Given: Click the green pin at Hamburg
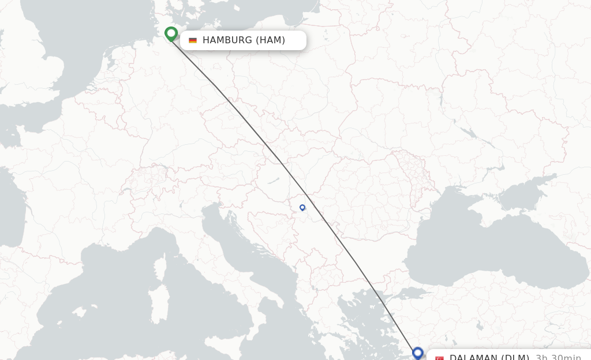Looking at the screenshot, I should click(x=171, y=33).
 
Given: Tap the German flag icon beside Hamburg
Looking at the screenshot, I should click(x=193, y=40).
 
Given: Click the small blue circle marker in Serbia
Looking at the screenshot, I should click(x=302, y=208).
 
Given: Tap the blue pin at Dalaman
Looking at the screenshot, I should click(x=418, y=352).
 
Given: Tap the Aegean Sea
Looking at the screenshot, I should click(x=372, y=323).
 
